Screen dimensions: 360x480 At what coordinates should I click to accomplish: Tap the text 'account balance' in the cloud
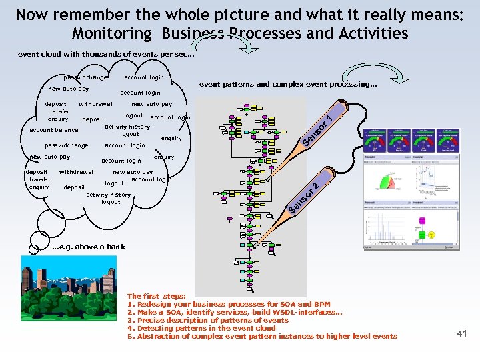(54, 130)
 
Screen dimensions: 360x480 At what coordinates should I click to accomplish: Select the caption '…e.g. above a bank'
(88, 247)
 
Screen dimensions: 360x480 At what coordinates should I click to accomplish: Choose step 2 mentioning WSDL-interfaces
(235, 312)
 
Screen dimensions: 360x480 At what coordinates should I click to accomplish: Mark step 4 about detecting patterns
(201, 328)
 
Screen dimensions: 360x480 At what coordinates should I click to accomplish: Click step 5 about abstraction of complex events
(262, 336)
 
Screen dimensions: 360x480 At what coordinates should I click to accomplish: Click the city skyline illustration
(63, 286)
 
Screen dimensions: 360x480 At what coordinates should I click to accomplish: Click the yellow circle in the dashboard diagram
(432, 235)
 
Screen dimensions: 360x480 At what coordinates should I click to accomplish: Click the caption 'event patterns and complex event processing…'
(288, 85)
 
